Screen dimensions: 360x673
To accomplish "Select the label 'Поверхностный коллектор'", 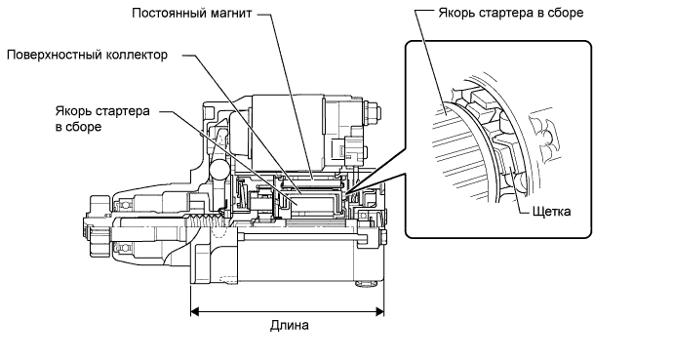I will [87, 55].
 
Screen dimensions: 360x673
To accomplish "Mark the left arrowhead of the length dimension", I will [194, 312].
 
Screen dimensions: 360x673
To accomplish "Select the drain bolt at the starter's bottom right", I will [365, 284].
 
